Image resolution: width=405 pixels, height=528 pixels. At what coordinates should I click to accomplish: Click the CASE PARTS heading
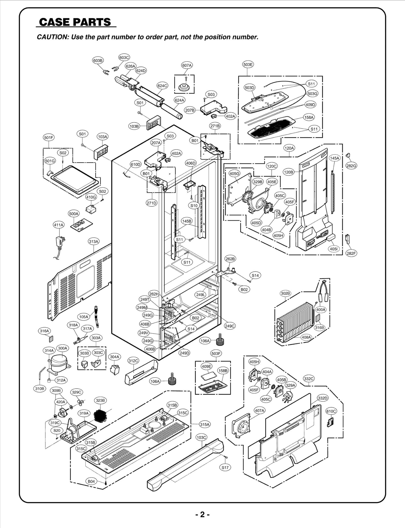pyautogui.click(x=75, y=22)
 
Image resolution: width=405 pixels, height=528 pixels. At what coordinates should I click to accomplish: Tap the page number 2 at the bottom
pyautogui.click(x=202, y=514)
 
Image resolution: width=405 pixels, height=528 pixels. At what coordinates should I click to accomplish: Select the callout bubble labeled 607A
pyautogui.click(x=187, y=65)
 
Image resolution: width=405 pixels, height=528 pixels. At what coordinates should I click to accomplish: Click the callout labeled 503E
pyautogui.click(x=248, y=64)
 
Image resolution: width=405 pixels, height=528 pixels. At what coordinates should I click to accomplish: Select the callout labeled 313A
pyautogui.click(x=93, y=241)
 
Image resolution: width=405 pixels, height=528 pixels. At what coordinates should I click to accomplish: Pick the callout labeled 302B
pyautogui.click(x=285, y=293)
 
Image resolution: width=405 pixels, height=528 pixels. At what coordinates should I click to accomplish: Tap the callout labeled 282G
pyautogui.click(x=351, y=166)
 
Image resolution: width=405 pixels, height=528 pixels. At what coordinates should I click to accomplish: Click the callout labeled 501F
pyautogui.click(x=49, y=138)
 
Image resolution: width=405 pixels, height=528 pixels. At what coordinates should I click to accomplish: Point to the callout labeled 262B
pyautogui.click(x=230, y=259)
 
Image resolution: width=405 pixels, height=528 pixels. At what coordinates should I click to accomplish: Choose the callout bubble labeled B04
pyautogui.click(x=91, y=481)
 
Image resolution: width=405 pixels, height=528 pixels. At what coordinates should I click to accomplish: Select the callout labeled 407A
pyautogui.click(x=259, y=410)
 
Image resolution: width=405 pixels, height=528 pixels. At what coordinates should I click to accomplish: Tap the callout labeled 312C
pyautogui.click(x=133, y=361)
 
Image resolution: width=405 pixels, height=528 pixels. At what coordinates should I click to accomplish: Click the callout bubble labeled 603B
pyautogui.click(x=98, y=61)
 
